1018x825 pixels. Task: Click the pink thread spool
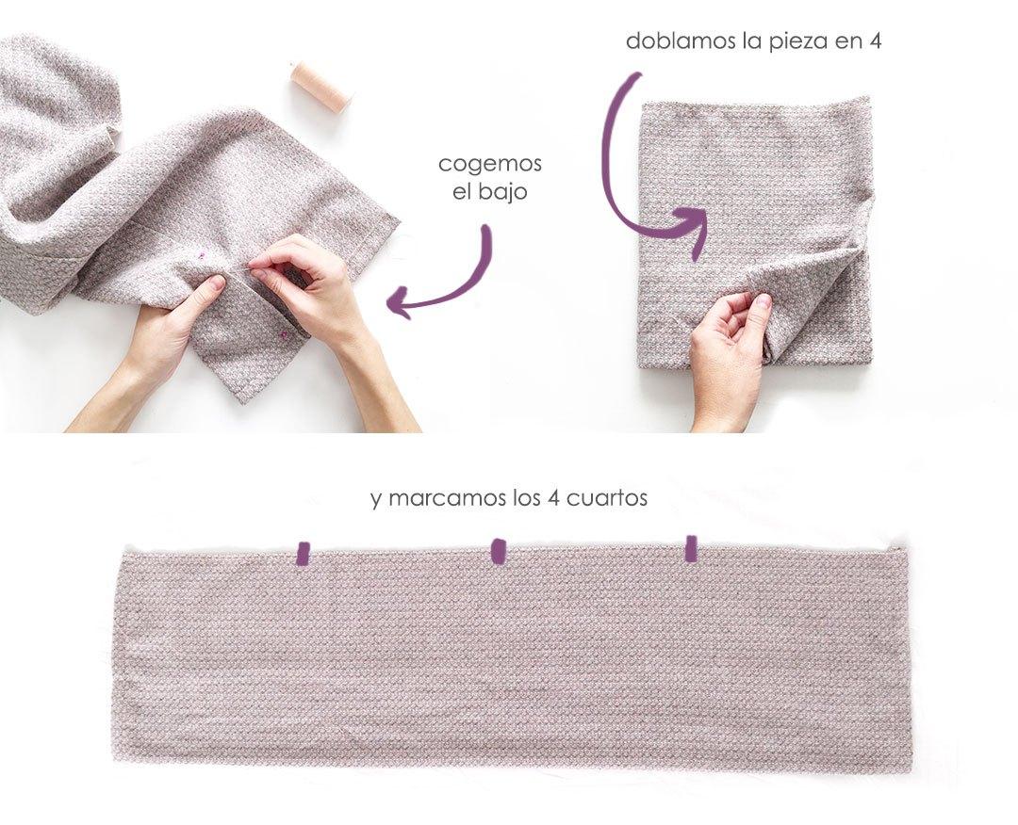(x=320, y=87)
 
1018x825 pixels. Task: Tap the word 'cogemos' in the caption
(x=490, y=163)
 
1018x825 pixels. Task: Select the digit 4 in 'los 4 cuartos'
(x=552, y=498)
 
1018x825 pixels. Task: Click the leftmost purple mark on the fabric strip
(x=303, y=553)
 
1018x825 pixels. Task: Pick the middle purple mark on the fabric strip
(x=499, y=550)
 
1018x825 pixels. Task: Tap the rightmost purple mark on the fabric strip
(x=691, y=548)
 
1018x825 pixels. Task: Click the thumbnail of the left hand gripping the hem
(x=216, y=283)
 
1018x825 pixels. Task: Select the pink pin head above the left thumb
(x=202, y=252)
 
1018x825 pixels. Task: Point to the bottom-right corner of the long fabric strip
(x=910, y=770)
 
